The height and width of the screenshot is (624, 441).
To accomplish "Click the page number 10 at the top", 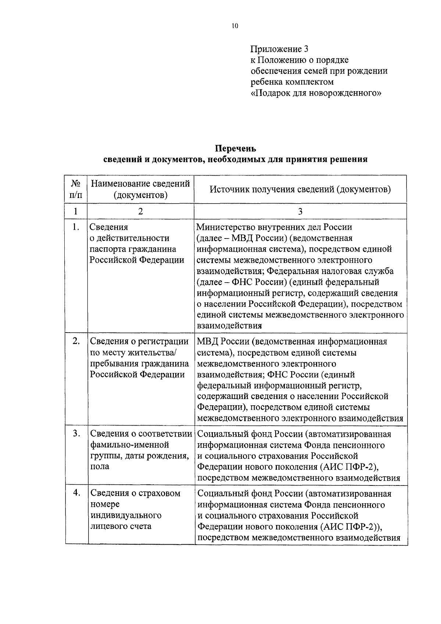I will click(x=235, y=26).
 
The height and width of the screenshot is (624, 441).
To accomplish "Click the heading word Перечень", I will click(x=235, y=148).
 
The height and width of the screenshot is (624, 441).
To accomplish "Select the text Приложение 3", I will click(x=279, y=49).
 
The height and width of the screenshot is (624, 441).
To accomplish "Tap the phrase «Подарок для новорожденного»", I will click(x=316, y=93).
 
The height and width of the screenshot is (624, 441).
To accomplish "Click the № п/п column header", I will click(x=76, y=189).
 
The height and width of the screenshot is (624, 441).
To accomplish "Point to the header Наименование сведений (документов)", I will click(x=140, y=189).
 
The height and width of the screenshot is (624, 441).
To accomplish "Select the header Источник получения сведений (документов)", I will click(x=300, y=189).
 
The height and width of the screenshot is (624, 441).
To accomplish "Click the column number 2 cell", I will click(x=140, y=211).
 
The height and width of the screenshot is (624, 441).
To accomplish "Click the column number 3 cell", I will click(x=300, y=211).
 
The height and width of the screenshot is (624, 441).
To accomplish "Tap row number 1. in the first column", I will click(x=76, y=227).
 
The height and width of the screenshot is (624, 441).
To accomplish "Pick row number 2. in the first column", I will click(x=76, y=341).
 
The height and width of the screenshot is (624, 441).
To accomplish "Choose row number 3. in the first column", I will click(x=76, y=434).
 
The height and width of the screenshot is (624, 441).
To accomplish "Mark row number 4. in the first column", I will click(x=76, y=493).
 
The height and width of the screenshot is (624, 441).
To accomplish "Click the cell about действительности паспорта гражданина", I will click(x=137, y=244).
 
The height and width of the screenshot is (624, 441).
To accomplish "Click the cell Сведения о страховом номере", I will click(x=135, y=509).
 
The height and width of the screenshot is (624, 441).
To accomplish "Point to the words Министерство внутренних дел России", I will click(x=274, y=227).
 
